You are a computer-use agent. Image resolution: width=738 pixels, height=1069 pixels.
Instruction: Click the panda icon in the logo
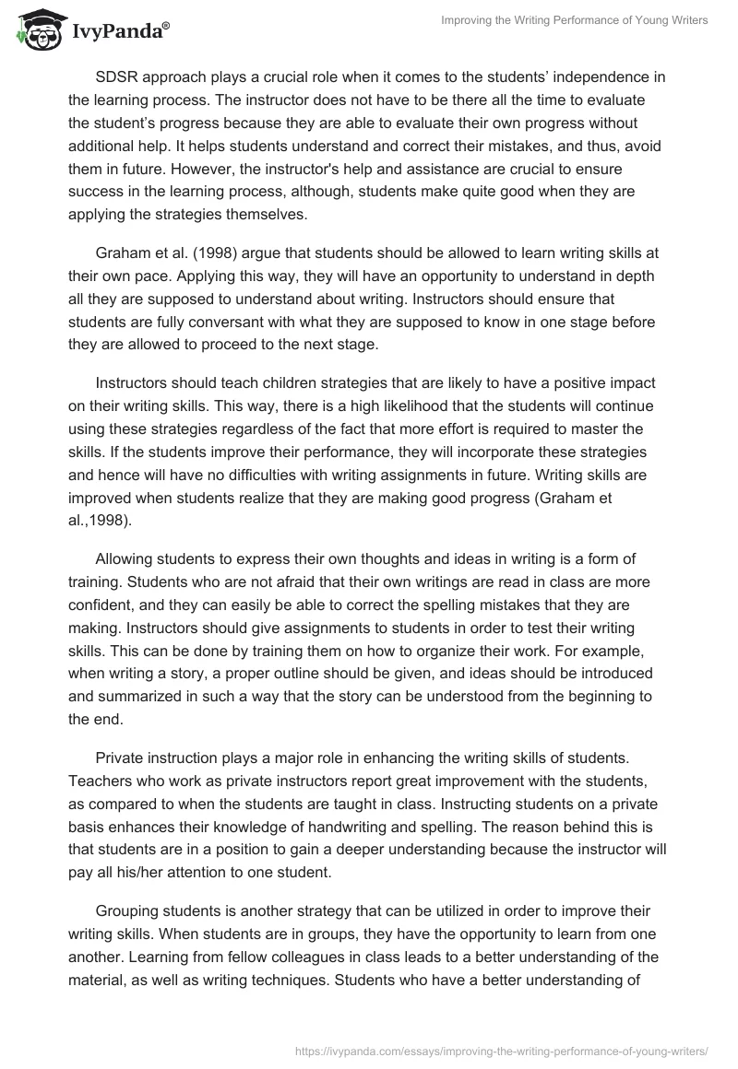pos(36,29)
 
